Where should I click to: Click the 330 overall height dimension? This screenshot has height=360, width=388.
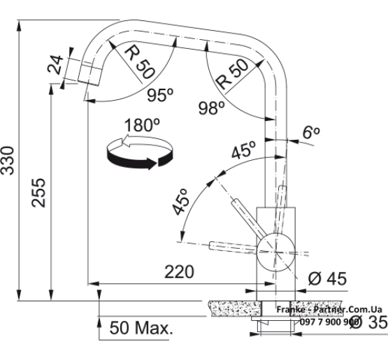point(8,161)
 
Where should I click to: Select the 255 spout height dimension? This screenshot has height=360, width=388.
point(38,193)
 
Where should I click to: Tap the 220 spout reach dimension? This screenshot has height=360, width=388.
point(179,272)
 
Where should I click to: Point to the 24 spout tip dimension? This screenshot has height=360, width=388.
point(56,65)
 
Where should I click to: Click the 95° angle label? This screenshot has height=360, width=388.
point(160,95)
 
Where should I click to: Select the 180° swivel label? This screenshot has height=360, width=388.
point(142,125)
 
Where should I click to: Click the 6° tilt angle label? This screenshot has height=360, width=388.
point(311,132)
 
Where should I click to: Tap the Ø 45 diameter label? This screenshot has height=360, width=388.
point(327,279)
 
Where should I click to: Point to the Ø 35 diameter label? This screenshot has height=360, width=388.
point(368,322)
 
